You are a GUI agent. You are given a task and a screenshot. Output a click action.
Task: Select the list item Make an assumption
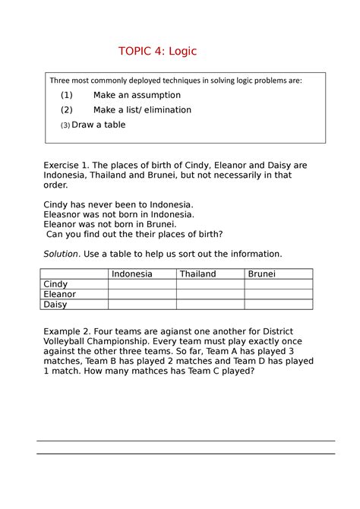[137, 95]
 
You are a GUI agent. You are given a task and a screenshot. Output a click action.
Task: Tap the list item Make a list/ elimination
[142, 109]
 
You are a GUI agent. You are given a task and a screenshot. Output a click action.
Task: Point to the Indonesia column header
[131, 273]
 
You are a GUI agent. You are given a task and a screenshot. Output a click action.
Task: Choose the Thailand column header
[197, 273]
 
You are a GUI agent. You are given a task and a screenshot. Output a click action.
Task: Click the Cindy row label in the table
[55, 284]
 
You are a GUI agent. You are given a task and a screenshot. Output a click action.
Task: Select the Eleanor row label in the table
[60, 294]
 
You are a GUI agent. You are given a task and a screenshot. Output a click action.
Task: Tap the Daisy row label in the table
[55, 304]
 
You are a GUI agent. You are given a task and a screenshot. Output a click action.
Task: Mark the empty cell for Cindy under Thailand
[210, 284]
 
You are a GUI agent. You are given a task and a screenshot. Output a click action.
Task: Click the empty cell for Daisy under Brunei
[278, 304]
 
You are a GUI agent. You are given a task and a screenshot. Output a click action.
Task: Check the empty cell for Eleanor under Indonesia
[142, 294]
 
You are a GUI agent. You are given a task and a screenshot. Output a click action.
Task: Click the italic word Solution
[61, 253]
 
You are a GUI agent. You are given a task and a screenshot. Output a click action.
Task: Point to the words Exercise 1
[67, 165]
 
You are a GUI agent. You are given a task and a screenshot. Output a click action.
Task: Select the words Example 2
[68, 330]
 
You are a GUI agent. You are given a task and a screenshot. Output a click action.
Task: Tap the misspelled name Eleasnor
[65, 214]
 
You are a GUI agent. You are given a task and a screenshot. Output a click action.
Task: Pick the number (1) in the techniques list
[67, 95]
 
